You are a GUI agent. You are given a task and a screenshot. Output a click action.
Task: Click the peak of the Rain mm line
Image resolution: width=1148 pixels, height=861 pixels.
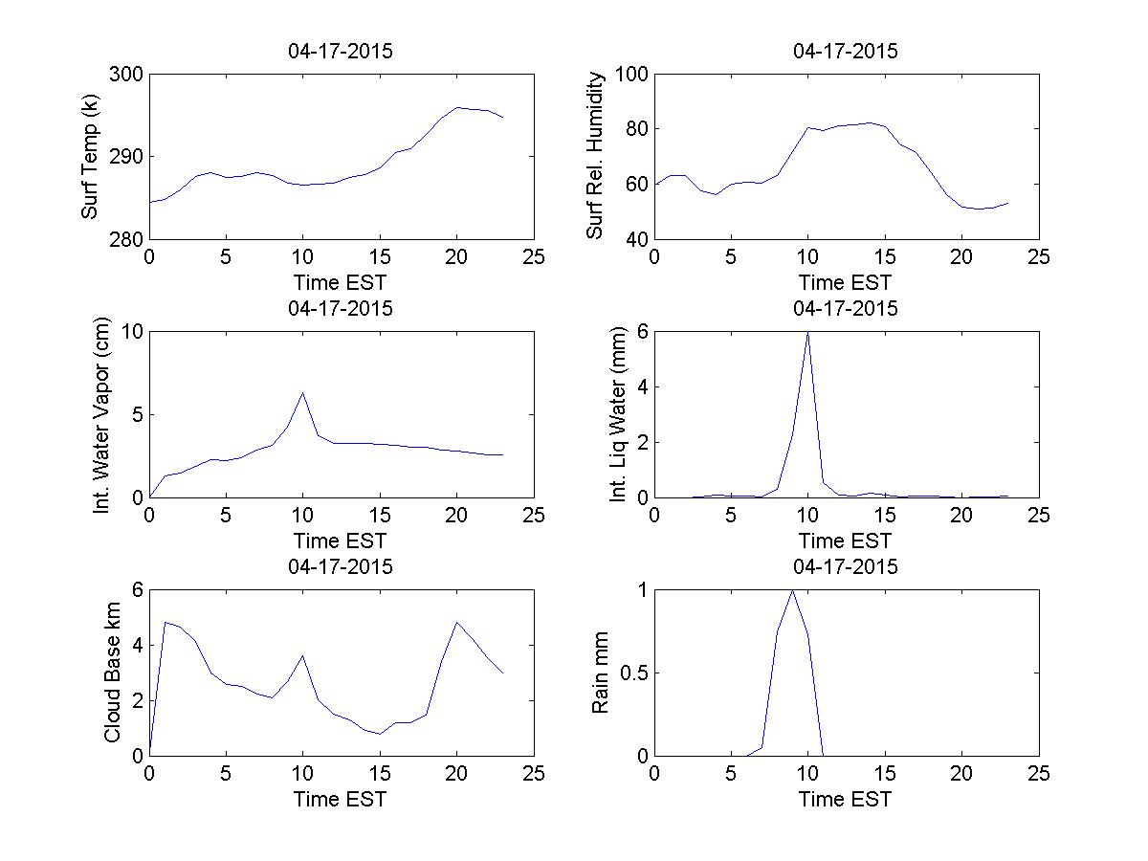coord(792,590)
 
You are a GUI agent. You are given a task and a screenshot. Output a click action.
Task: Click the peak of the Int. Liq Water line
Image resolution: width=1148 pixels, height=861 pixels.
coord(808,332)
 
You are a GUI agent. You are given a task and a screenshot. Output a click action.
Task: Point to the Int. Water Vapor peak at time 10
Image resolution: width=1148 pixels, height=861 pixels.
coord(303,392)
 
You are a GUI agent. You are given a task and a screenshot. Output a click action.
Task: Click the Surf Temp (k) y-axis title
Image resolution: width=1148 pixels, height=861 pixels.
coord(90,157)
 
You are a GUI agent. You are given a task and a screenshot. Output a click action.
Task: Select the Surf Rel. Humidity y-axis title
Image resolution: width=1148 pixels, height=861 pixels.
coord(595,156)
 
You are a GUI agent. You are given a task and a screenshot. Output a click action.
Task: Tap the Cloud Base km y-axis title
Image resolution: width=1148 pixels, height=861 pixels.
coord(112,672)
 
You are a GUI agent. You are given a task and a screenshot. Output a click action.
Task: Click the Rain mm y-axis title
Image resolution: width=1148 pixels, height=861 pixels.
coord(601,672)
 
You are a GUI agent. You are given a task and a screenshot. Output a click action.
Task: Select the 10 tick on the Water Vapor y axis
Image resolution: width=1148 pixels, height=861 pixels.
coord(130,332)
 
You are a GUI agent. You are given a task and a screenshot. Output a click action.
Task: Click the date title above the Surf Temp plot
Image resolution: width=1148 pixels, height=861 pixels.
coord(341,52)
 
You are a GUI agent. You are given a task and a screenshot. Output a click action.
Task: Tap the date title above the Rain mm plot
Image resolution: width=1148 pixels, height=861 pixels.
coord(846,566)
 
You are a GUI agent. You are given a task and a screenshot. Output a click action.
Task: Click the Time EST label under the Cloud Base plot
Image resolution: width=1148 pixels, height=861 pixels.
coord(341,798)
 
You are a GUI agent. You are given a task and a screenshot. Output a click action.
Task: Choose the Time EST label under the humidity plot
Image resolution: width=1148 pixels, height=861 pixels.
coord(846,282)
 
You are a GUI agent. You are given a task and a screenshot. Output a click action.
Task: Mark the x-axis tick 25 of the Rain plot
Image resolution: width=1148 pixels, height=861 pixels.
coord(1039,773)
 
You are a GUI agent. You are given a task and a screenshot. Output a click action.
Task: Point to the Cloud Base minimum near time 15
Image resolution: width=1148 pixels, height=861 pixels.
coord(380,734)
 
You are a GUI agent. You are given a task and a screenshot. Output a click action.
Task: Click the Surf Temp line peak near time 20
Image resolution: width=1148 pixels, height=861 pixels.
coord(457,107)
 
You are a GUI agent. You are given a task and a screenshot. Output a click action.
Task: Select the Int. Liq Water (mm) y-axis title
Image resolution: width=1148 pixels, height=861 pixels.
coord(618,414)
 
